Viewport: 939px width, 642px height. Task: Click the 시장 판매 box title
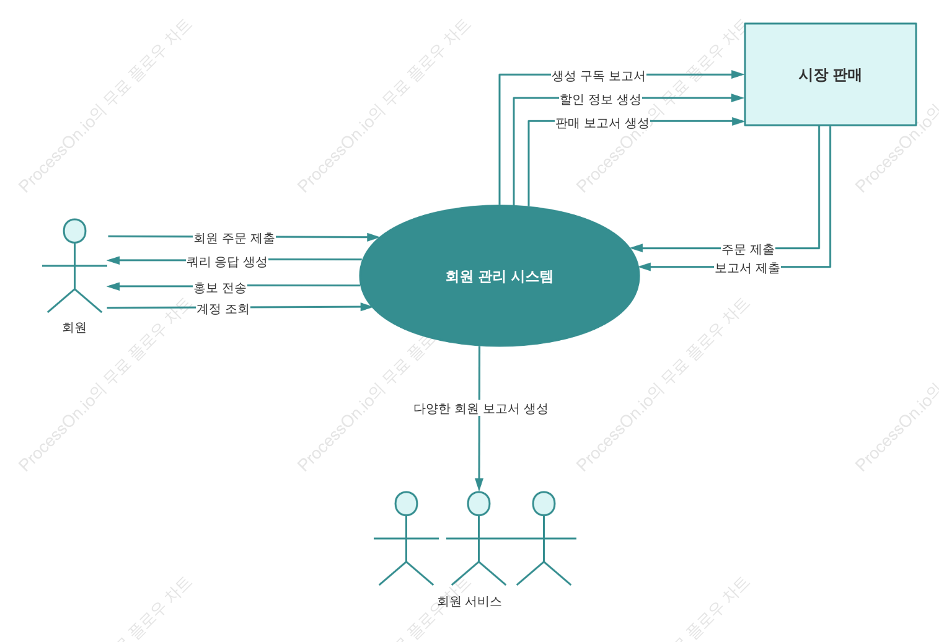coord(829,75)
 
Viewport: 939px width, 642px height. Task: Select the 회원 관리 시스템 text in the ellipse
coord(499,276)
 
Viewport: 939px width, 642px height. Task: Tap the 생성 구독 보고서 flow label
coord(598,76)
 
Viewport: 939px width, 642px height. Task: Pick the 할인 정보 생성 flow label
coord(601,99)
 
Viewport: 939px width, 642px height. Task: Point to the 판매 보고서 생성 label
coord(602,123)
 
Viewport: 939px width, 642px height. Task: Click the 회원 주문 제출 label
coord(234,238)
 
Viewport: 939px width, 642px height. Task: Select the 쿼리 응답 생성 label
coord(227,262)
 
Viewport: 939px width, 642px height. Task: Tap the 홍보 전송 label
coord(219,288)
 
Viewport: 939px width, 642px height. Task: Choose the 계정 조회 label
coord(223,309)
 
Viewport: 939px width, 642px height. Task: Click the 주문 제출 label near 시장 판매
coord(748,249)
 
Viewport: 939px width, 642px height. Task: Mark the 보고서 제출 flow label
coord(747,268)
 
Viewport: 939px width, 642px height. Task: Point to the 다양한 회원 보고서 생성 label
coord(480,408)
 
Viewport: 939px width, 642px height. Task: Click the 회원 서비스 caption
coord(470,601)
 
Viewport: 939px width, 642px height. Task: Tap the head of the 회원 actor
coord(74,231)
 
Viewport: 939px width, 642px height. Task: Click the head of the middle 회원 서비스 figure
coord(478,503)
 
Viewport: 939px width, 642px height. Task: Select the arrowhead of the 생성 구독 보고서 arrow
coord(738,74)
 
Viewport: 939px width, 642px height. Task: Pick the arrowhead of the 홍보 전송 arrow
coord(113,286)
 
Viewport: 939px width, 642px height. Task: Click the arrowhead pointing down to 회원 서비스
coord(479,485)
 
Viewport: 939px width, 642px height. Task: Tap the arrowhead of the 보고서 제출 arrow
coord(645,266)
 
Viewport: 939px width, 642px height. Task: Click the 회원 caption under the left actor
coord(74,327)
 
